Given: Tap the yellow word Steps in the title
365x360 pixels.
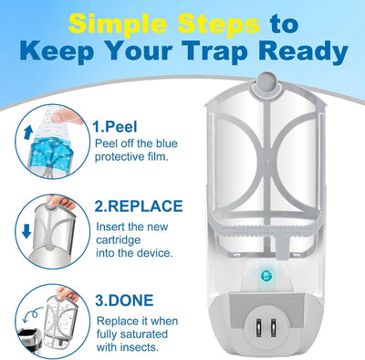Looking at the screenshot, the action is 219,24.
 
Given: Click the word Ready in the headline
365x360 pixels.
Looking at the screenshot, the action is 304,52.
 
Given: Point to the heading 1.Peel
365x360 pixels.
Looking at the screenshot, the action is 115,127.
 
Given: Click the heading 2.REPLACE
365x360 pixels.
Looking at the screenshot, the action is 139,206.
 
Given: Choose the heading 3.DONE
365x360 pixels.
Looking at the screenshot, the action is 124,301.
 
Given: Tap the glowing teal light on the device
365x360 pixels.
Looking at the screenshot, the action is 266,277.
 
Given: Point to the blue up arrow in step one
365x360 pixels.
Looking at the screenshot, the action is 28,133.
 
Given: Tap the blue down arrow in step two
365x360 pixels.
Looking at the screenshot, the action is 26,232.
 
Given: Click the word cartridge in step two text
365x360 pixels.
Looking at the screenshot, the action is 119,240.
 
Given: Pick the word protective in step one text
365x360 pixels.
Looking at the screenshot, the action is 120,157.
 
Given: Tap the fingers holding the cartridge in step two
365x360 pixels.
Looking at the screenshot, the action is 61,202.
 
